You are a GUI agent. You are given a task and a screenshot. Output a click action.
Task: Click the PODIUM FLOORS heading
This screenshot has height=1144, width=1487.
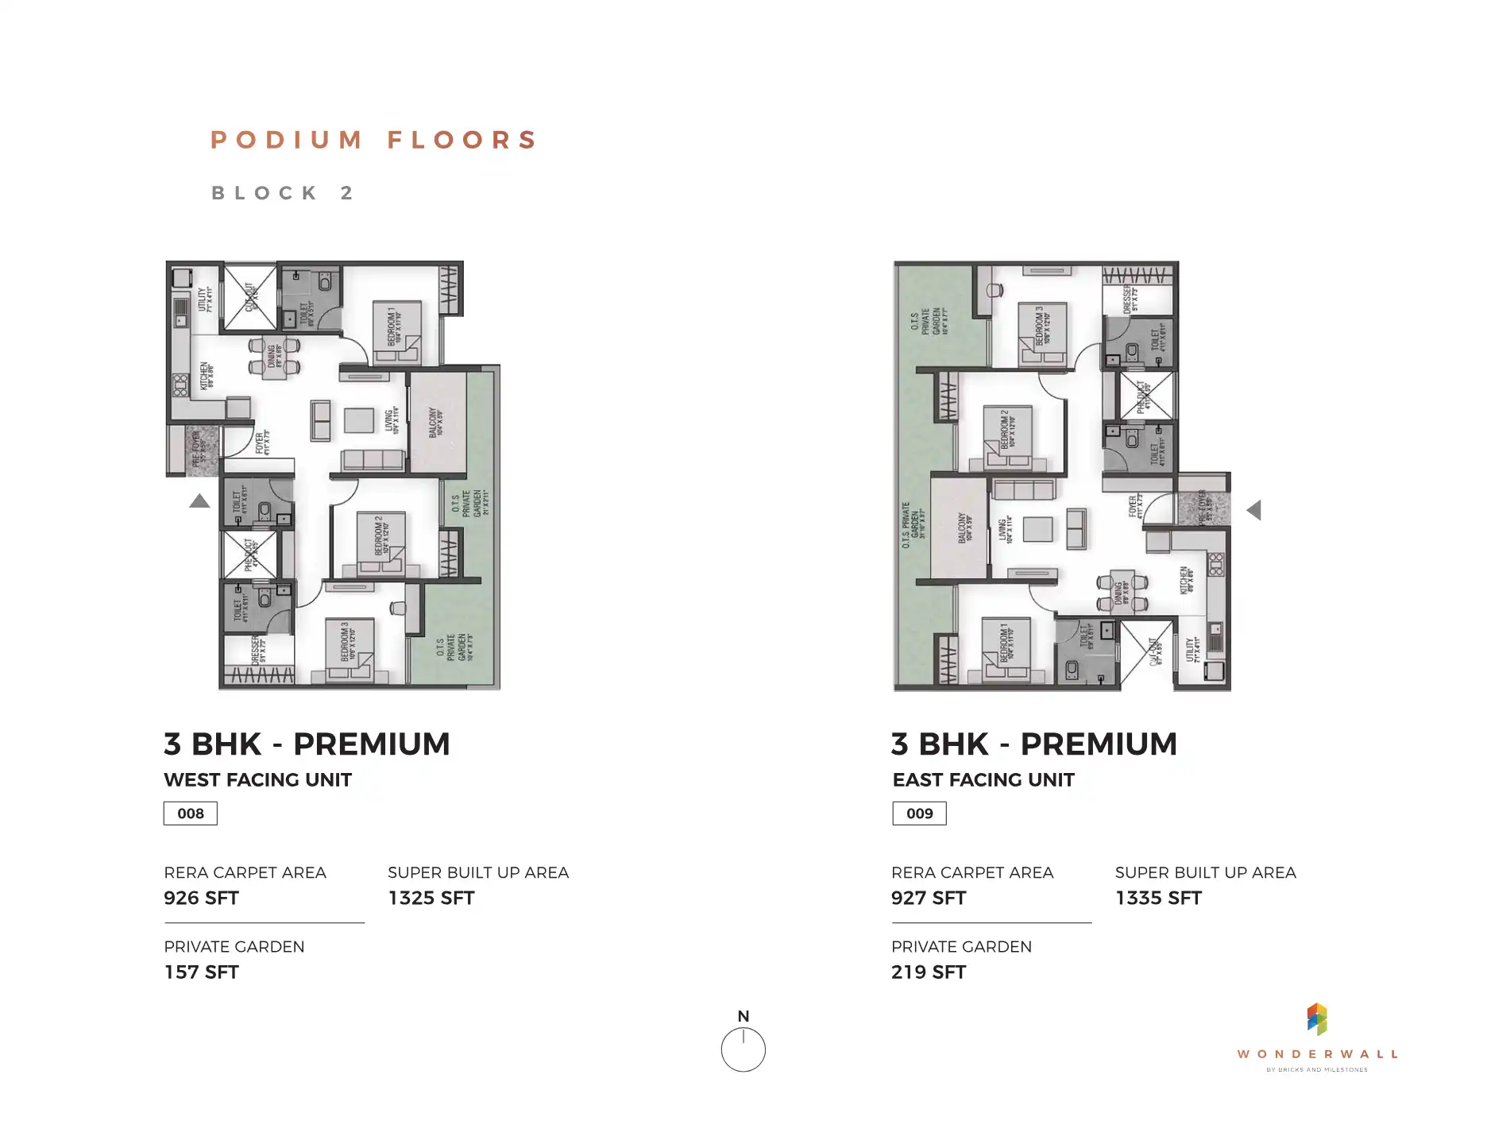pyautogui.click(x=374, y=140)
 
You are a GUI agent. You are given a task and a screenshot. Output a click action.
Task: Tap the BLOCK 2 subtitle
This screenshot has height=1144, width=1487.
pyautogui.click(x=282, y=193)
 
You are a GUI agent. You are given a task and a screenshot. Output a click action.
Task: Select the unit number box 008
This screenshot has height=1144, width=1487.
pyautogui.click(x=191, y=814)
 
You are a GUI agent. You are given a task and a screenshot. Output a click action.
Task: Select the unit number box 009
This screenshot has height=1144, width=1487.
pyautogui.click(x=919, y=814)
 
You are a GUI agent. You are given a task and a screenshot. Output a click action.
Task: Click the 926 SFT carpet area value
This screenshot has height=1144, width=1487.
pyautogui.click(x=201, y=899)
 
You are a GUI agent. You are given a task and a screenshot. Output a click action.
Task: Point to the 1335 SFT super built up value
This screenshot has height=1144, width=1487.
pyautogui.click(x=1158, y=899)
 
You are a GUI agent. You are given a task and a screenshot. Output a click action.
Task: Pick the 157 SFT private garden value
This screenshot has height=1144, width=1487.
pyautogui.click(x=201, y=972)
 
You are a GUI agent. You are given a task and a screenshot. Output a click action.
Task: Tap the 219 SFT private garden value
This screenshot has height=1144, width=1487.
pyautogui.click(x=929, y=972)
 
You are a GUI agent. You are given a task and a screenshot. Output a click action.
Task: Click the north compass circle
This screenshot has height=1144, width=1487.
pyautogui.click(x=743, y=1049)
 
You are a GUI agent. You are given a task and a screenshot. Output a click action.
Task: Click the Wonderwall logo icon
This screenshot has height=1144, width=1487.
pyautogui.click(x=1317, y=1019)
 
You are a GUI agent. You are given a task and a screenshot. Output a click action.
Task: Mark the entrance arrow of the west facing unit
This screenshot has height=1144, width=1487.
pyautogui.click(x=199, y=501)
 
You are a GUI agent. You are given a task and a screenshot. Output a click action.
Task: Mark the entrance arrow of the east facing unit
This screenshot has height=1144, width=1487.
pyautogui.click(x=1254, y=510)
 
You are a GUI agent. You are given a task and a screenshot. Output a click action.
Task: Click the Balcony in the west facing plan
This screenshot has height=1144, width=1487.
pyautogui.click(x=437, y=423)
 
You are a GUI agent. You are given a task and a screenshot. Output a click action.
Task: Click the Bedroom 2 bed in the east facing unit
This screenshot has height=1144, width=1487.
pyautogui.click(x=1007, y=438)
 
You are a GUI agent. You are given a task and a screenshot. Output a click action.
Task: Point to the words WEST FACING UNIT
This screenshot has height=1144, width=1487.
pyautogui.click(x=257, y=780)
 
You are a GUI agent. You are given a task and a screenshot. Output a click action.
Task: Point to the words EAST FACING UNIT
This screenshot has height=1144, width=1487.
pyautogui.click(x=983, y=780)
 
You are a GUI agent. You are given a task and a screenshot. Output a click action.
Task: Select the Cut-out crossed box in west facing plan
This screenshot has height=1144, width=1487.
pyautogui.click(x=249, y=298)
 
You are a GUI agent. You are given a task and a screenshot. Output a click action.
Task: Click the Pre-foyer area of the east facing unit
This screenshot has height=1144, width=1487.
pyautogui.click(x=1203, y=507)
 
